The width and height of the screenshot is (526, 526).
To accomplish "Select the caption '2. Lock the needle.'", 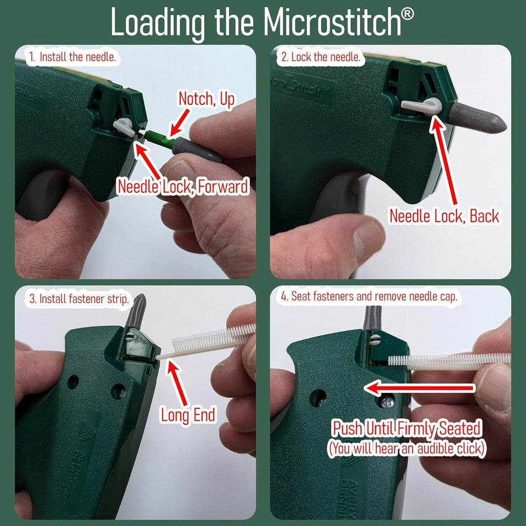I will point(320,56).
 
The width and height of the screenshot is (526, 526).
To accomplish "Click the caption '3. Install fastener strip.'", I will point(79,299).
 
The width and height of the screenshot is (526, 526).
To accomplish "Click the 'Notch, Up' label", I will point(206,99).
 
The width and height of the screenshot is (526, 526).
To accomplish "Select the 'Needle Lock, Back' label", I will point(444,215).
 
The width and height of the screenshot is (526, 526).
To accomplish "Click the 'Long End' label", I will point(188,415).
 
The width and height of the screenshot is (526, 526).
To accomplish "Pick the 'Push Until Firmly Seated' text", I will point(407,428).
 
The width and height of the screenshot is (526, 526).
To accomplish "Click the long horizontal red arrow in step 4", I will point(419,388).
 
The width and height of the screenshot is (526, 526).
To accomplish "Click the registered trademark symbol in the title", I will point(407,13).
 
